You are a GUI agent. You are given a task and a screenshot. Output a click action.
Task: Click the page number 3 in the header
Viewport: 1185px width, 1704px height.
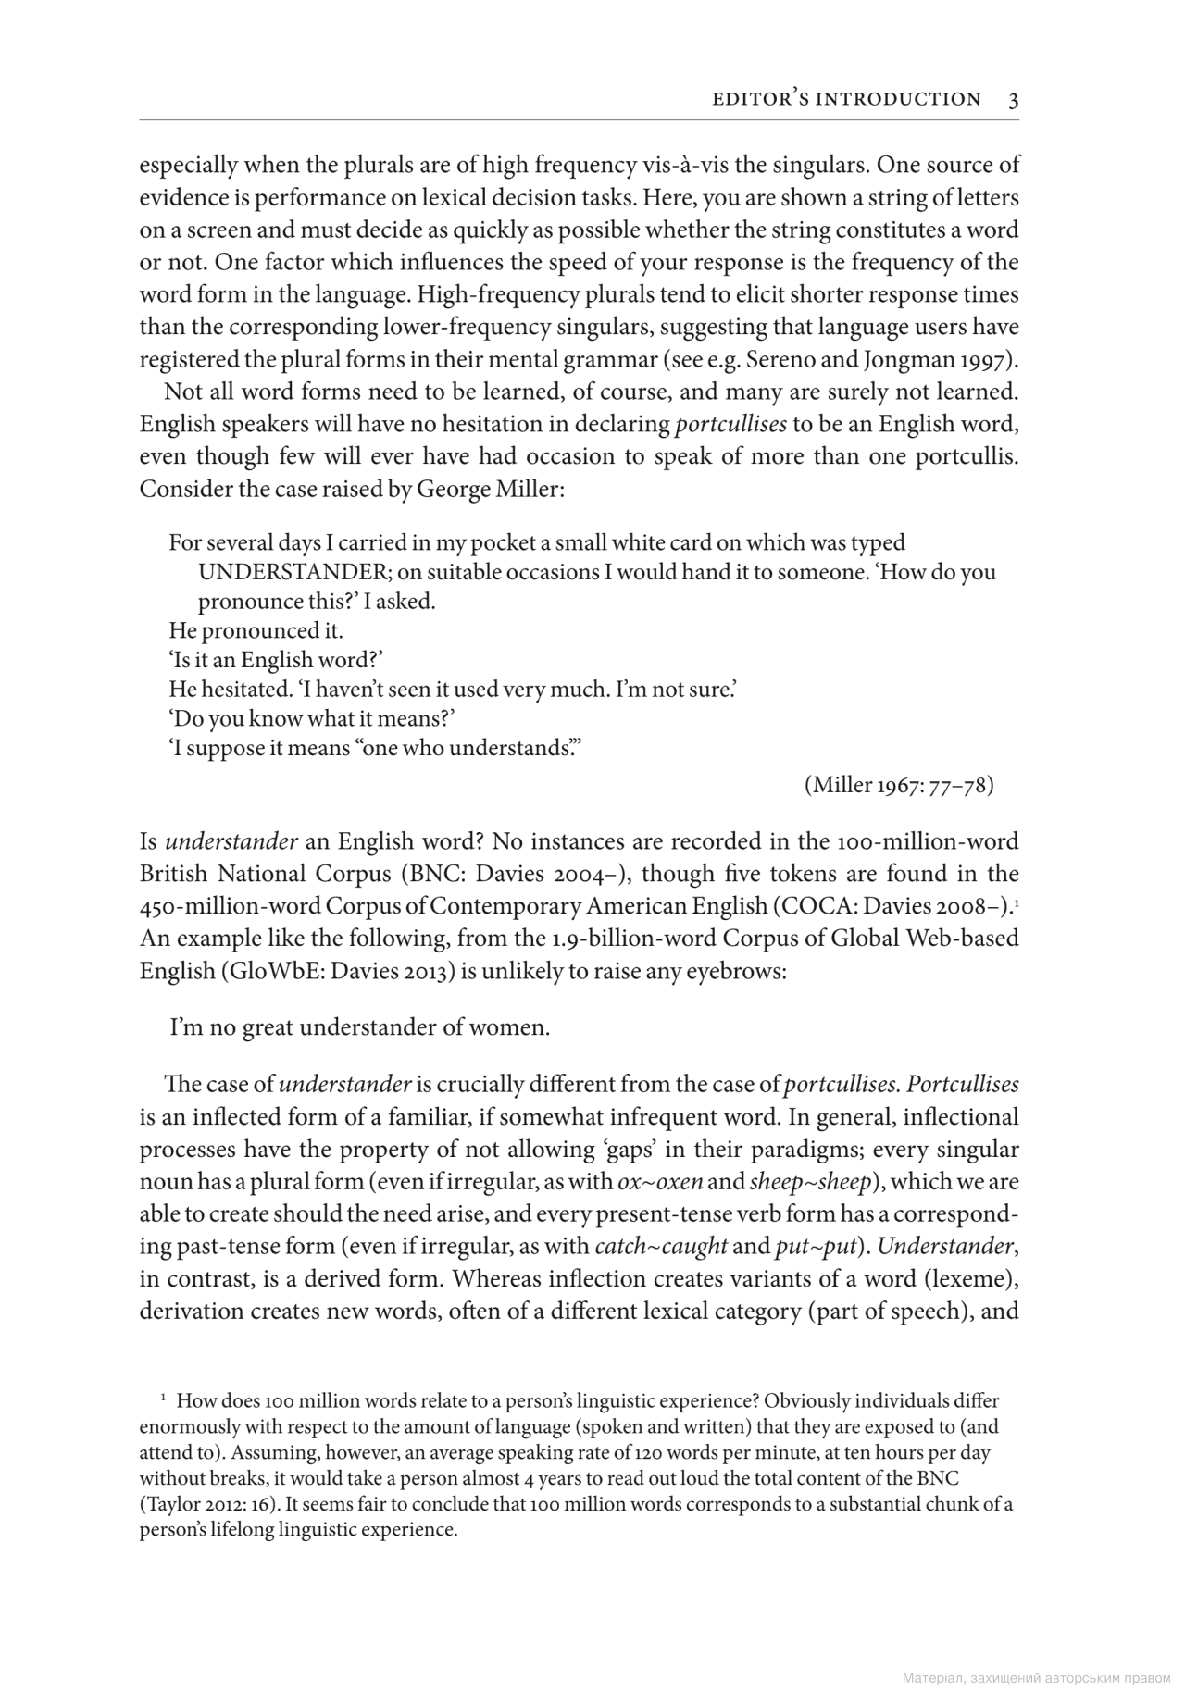[1014, 100]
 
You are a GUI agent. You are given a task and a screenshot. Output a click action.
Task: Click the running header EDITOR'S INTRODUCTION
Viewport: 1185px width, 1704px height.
[846, 99]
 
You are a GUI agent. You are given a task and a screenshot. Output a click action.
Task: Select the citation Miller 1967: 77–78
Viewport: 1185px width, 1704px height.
[899, 786]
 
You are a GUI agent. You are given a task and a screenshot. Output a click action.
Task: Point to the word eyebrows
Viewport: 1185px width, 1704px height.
[737, 972]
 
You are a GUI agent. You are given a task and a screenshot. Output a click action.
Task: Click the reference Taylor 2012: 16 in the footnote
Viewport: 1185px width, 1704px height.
[203, 1504]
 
